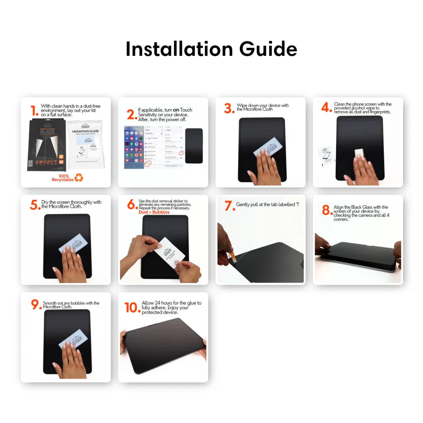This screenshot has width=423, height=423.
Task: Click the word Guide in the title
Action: coord(268,49)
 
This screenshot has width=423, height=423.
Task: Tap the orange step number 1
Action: coord(34,111)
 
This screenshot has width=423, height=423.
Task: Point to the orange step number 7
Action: coord(229,206)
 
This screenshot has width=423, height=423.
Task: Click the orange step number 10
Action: coord(132,308)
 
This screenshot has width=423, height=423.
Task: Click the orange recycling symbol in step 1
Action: coord(79,178)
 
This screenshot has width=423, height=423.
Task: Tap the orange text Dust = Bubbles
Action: coord(154,212)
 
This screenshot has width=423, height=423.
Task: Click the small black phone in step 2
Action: coord(194,146)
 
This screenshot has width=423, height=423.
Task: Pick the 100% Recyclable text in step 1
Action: coord(62,178)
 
